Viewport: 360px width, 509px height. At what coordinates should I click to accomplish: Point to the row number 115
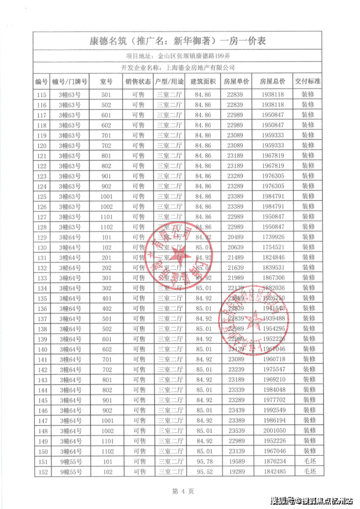click(x=42, y=94)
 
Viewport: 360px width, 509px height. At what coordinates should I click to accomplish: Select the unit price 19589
click(x=237, y=461)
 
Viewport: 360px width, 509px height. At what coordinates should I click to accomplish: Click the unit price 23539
click(x=237, y=431)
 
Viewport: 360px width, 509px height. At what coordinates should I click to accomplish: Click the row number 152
click(x=42, y=472)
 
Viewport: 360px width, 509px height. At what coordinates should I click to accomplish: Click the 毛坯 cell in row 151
click(x=308, y=461)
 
